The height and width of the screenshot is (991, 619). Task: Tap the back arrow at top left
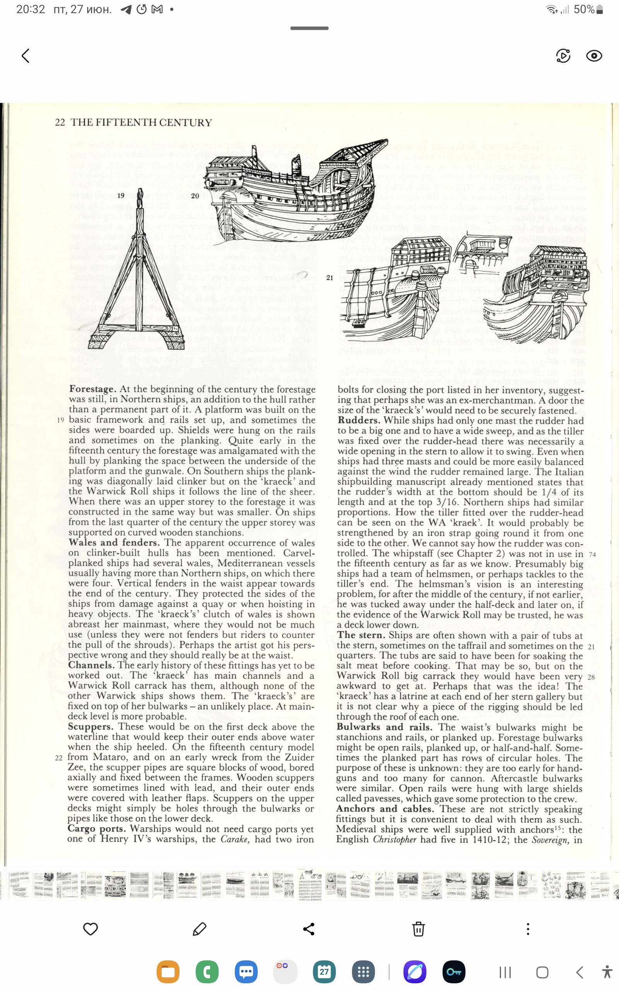[26, 56]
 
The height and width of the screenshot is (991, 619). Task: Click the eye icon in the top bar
[593, 56]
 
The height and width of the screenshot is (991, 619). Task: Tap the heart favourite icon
[90, 929]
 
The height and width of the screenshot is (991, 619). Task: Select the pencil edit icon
[199, 929]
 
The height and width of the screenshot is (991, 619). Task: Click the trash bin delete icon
[418, 929]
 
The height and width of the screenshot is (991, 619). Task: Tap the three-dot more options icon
[528, 929]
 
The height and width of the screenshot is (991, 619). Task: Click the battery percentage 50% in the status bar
[584, 9]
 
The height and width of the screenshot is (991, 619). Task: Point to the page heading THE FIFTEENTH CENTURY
[141, 122]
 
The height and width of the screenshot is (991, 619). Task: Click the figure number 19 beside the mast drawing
[121, 196]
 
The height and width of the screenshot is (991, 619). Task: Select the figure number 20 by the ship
[195, 196]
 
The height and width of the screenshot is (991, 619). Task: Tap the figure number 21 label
[330, 278]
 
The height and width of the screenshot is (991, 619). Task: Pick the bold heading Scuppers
[91, 727]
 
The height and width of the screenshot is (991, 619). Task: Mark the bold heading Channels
[91, 665]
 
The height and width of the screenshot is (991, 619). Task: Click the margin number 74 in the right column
[592, 555]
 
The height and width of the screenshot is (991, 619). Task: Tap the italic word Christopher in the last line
[394, 839]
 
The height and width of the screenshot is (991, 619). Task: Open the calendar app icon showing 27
[324, 972]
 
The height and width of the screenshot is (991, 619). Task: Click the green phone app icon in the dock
[207, 972]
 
